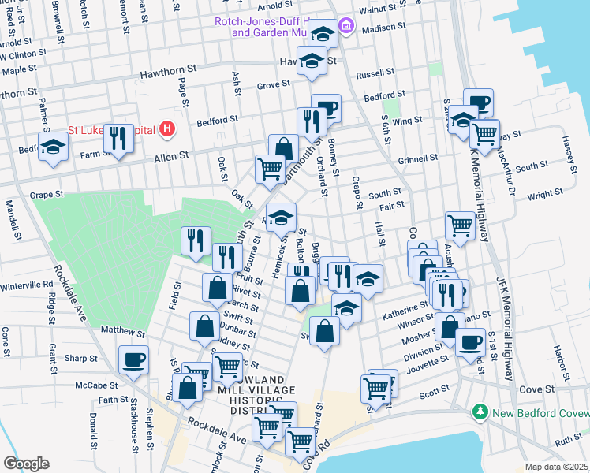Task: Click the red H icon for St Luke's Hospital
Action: [x=166, y=128]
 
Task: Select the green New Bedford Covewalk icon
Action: [x=479, y=412]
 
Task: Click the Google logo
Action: [x=26, y=464]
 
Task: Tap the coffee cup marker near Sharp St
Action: [x=133, y=359]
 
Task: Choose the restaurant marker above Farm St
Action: [x=118, y=138]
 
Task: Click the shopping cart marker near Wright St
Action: [x=460, y=225]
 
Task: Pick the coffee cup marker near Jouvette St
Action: [x=471, y=342]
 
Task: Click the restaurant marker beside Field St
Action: [x=196, y=241]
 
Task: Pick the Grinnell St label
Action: [x=418, y=158]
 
